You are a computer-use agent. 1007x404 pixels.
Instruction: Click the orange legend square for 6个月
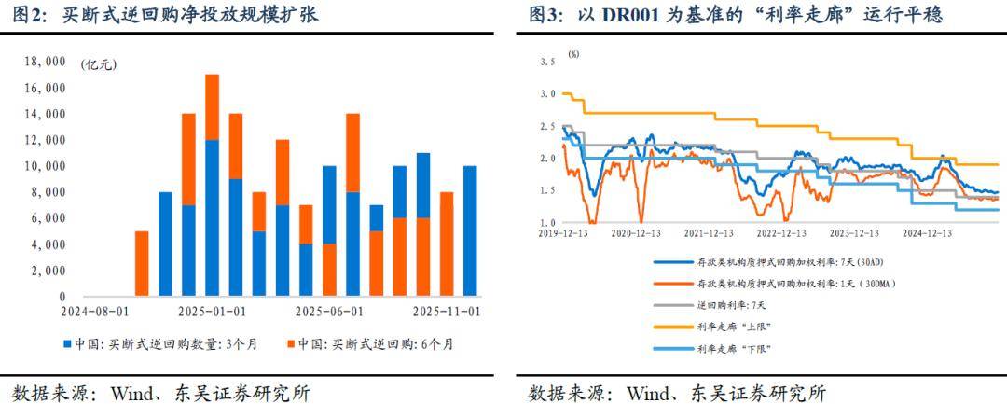[291, 344]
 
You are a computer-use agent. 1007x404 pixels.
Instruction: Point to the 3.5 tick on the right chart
[546, 62]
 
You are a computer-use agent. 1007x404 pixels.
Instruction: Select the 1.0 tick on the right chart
[546, 222]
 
